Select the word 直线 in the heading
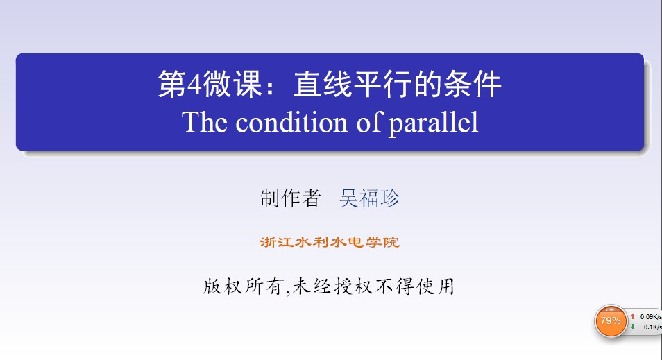[323, 83]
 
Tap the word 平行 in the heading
[383, 83]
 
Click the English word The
[205, 122]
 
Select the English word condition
[291, 122]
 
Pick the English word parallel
[433, 123]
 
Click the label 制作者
[291, 198]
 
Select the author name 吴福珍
[369, 198]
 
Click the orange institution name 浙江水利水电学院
[330, 242]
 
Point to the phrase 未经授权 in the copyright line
[333, 286]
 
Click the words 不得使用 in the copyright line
[415, 286]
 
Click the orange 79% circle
[611, 320]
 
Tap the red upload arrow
[633, 316]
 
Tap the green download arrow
[633, 327]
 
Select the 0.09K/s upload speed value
[651, 316]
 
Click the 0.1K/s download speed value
[653, 327]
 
